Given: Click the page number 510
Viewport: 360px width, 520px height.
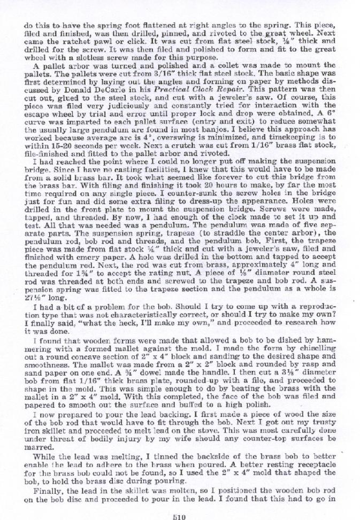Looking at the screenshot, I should point(179,516).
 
